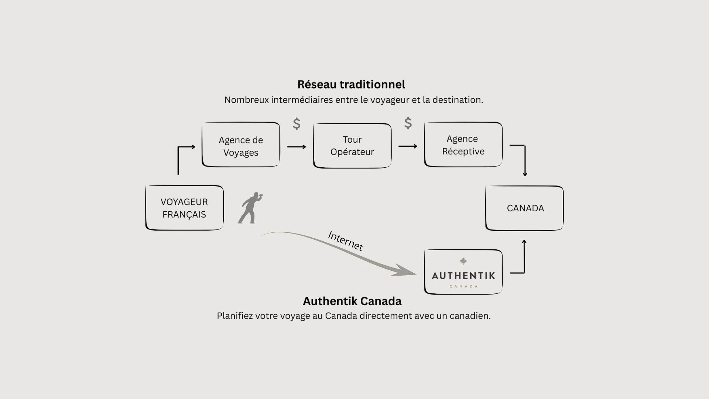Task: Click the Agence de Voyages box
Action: pos(241,144)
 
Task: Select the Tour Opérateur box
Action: pos(352,146)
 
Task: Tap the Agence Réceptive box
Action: pos(463,144)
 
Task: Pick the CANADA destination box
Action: pos(524,208)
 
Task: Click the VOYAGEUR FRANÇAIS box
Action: pos(184,208)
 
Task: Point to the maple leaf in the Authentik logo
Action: pos(463,262)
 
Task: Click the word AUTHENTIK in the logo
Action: pos(463,276)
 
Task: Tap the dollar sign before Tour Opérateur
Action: pos(297,124)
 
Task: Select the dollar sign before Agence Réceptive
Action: pos(408,123)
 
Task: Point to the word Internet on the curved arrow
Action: pos(346,241)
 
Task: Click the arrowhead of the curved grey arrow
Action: pos(406,271)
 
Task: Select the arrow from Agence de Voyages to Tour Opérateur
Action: pos(297,147)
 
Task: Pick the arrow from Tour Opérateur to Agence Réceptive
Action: pos(408,146)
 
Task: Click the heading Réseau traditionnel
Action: pos(351,85)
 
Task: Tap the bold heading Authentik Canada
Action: pos(352,301)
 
